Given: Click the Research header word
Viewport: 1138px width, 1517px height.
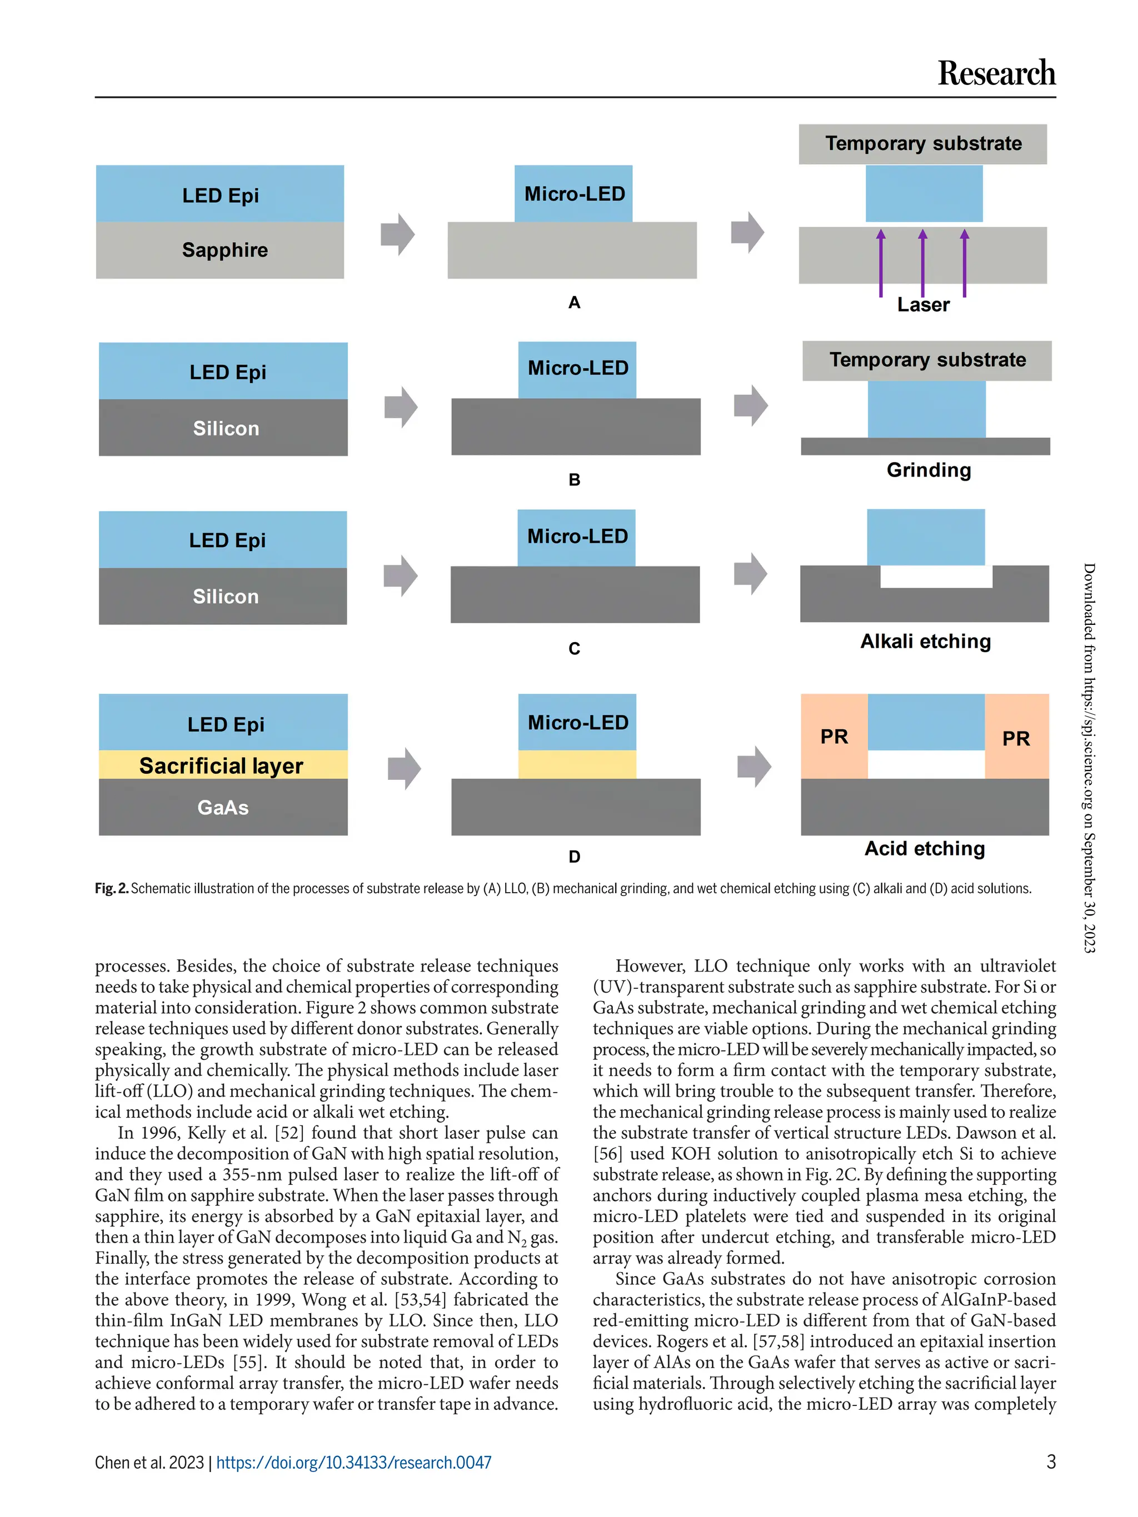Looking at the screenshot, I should (x=995, y=73).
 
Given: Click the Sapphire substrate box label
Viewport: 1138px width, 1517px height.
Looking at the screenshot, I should (x=224, y=249).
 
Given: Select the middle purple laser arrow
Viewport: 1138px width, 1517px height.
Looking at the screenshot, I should (x=922, y=263).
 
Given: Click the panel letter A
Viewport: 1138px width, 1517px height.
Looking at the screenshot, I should (x=574, y=302).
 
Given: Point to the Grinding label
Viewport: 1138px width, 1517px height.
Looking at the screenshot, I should (x=928, y=470).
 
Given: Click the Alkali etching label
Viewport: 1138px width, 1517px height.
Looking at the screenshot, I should (x=925, y=641).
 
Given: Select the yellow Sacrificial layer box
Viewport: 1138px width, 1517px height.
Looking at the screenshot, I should (x=222, y=765).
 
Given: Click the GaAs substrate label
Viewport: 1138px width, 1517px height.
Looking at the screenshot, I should (x=223, y=807).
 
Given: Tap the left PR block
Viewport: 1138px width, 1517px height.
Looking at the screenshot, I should (x=833, y=737).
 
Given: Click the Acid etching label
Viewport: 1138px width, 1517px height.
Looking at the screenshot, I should (x=924, y=848).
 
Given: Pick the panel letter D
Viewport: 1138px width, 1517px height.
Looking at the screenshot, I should (x=574, y=857).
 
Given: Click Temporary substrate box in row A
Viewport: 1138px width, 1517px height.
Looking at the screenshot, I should (x=922, y=143).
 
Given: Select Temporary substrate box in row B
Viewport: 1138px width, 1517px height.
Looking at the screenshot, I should (x=927, y=360).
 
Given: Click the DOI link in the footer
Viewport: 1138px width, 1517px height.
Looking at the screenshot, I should (x=353, y=1462).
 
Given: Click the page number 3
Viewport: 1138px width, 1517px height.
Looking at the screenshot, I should (x=1050, y=1461).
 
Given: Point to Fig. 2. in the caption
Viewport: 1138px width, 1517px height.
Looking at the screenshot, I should (x=111, y=888).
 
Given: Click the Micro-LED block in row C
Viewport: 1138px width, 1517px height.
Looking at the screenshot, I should (x=576, y=537).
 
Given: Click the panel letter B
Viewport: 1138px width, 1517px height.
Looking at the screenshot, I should (x=574, y=479).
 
